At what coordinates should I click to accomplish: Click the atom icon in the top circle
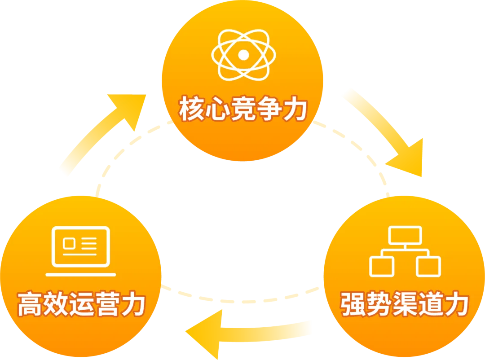coord(243,55)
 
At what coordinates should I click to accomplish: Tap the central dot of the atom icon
coord(243,55)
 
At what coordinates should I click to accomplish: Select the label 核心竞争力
coord(243,108)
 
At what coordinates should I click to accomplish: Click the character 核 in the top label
coord(191,108)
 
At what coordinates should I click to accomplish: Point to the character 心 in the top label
coord(217,108)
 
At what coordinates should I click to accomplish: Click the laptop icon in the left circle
coord(81,251)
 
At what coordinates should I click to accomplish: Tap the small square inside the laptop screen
coord(69,244)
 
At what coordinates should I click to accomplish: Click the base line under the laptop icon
coord(81,275)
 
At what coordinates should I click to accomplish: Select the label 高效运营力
coord(81,304)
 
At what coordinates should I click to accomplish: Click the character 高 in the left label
coord(30,304)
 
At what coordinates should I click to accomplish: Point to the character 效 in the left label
coord(56,304)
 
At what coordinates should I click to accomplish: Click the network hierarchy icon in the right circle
coord(405,251)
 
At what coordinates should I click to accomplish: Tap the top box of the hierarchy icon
coord(405,235)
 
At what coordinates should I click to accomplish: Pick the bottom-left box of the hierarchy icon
coord(382,267)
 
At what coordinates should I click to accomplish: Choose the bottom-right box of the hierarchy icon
coord(428,267)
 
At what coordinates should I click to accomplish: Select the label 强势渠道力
coord(405,304)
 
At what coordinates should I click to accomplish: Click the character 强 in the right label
coord(353,304)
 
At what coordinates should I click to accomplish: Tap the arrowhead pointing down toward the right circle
coord(408,158)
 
